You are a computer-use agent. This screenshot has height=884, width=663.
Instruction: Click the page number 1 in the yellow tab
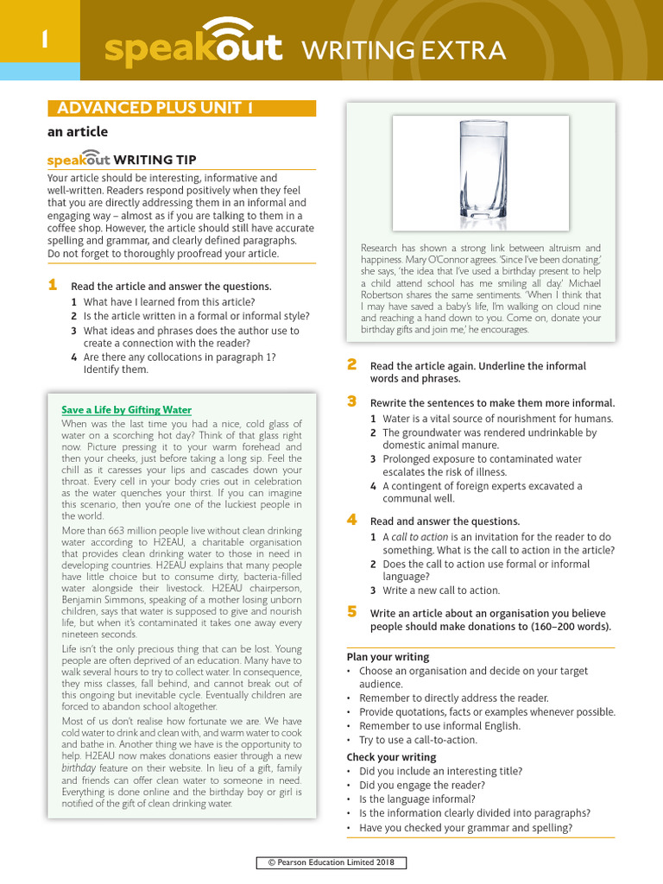coord(40,41)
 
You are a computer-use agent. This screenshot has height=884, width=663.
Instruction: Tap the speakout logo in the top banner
coord(193,47)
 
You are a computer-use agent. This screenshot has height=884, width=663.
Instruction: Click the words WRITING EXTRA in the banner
coord(402,51)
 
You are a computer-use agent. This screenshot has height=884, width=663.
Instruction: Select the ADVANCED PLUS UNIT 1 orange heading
coord(155,109)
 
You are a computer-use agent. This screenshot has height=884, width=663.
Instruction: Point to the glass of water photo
coord(481,174)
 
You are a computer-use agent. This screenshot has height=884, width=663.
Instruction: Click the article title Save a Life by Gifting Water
coord(127,410)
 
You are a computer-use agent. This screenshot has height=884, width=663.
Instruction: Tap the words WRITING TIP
coord(155,160)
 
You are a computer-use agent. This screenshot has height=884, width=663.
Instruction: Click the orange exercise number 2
coord(351,365)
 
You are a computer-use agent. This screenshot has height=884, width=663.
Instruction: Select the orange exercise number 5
coord(351,612)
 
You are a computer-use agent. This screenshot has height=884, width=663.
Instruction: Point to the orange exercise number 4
coord(351,520)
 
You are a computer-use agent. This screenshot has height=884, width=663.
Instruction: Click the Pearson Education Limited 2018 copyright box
coord(331,863)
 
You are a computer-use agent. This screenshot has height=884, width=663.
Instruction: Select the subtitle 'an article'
coord(77,132)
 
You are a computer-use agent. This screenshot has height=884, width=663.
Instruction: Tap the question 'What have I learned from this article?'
coord(169,302)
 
